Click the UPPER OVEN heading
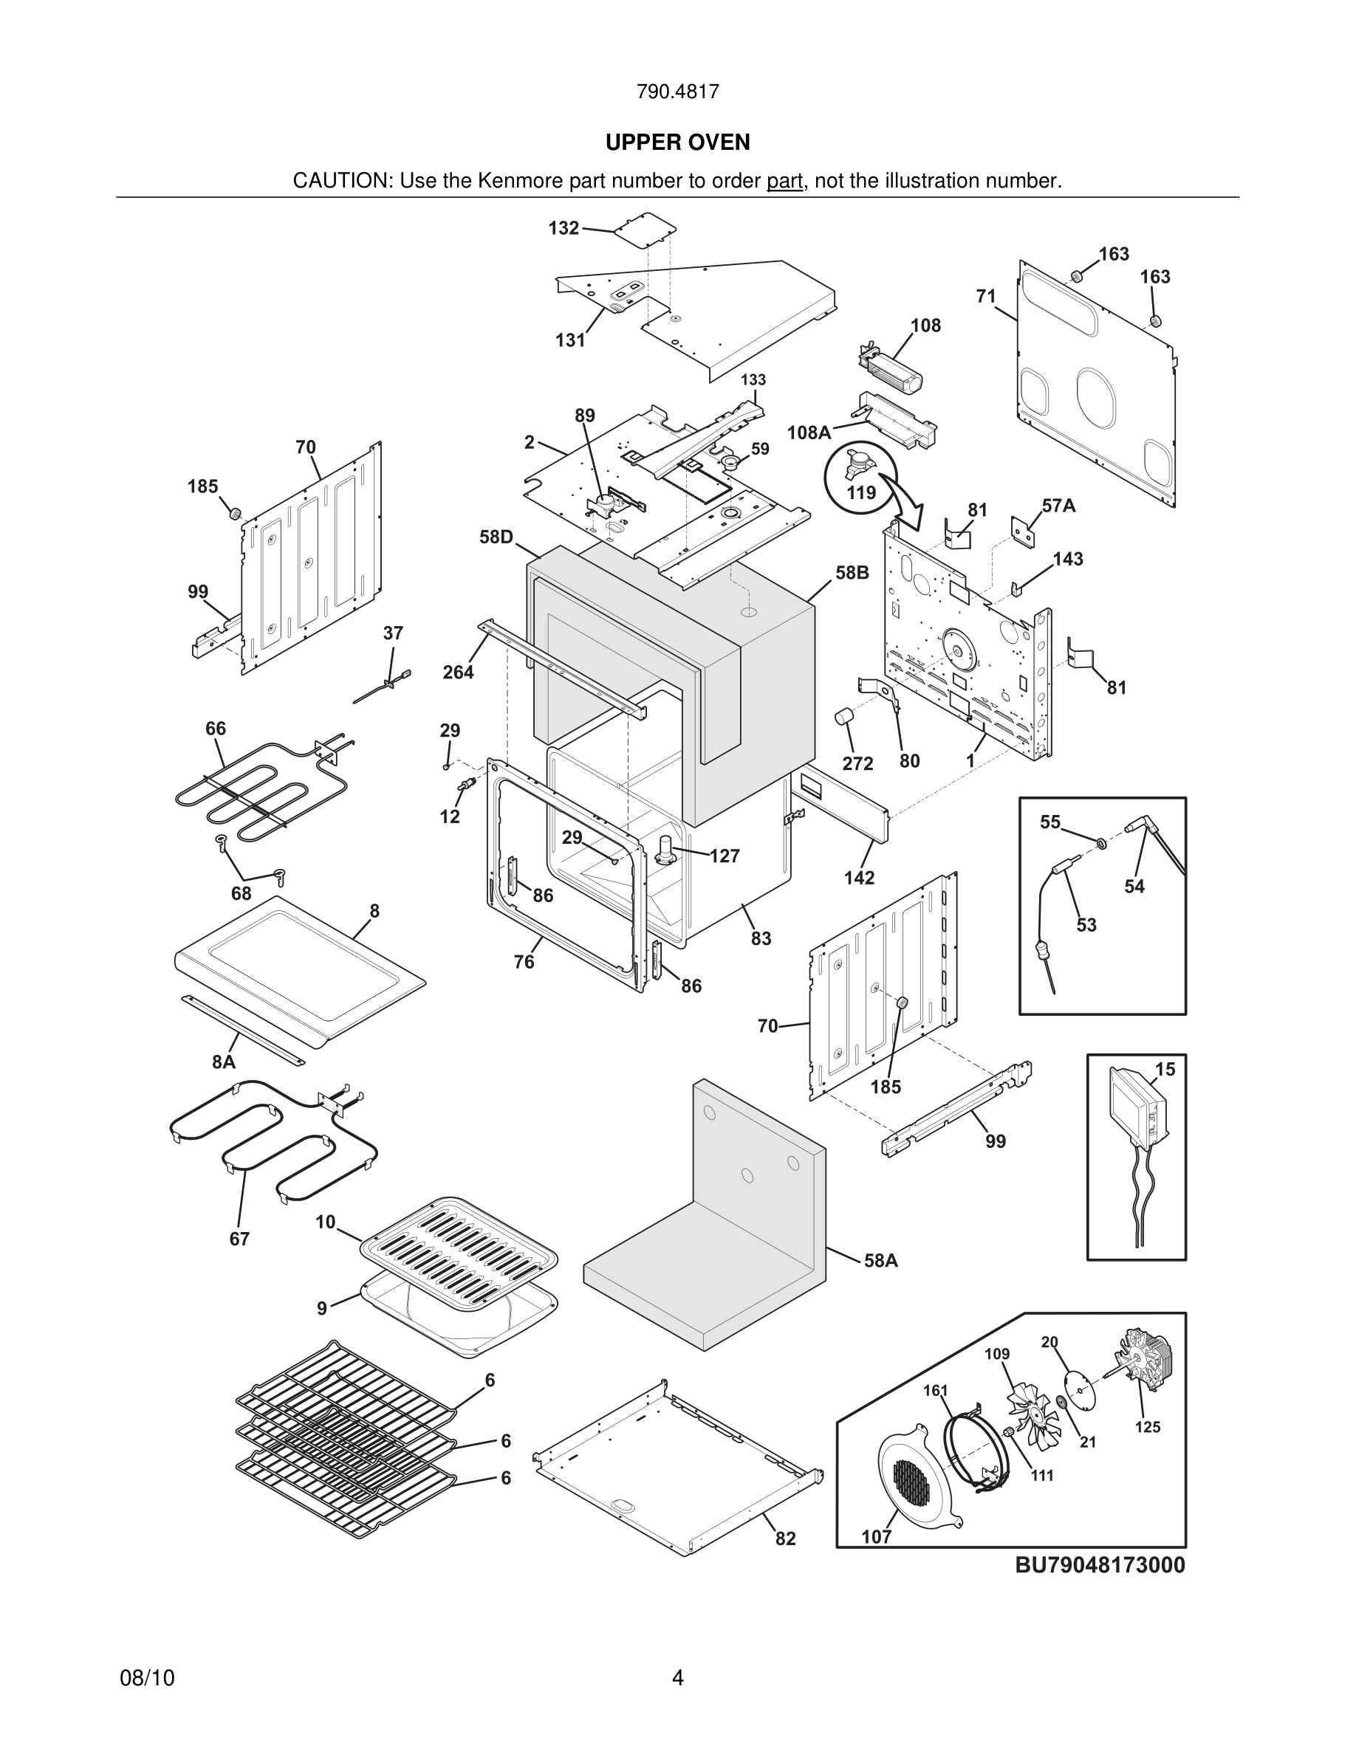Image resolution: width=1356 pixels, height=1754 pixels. [x=677, y=142]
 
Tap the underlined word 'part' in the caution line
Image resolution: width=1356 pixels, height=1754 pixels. [x=785, y=182]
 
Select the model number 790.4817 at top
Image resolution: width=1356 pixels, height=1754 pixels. [x=677, y=92]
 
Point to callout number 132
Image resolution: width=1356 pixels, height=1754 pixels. [x=563, y=228]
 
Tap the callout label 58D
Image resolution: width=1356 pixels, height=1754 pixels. [x=496, y=537]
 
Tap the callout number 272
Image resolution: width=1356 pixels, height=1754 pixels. [x=857, y=763]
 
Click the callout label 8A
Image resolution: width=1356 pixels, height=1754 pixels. [x=223, y=1062]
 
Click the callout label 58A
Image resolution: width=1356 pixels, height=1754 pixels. [x=880, y=1261]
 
